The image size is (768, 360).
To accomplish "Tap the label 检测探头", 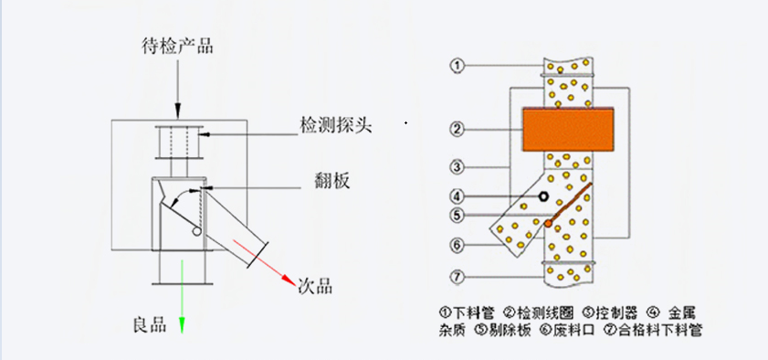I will pyautogui.click(x=336, y=125).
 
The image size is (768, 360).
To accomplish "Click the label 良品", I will pyautogui.click(x=149, y=323).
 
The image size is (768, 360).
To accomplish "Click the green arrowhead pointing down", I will pyautogui.click(x=182, y=324).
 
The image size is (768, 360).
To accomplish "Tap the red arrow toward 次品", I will pyautogui.click(x=265, y=259).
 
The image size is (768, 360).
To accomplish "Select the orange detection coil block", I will pyautogui.click(x=566, y=129).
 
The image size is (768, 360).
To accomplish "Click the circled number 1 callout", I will pyautogui.click(x=458, y=66).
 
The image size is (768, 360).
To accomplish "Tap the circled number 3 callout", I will pyautogui.click(x=458, y=166).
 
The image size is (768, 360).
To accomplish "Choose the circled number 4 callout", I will pyautogui.click(x=458, y=196).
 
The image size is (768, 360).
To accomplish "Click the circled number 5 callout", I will pyautogui.click(x=458, y=216).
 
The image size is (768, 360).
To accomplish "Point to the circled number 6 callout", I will pyautogui.click(x=458, y=245).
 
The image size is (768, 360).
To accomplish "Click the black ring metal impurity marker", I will pyautogui.click(x=543, y=196).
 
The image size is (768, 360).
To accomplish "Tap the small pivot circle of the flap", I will pyautogui.click(x=195, y=232).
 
